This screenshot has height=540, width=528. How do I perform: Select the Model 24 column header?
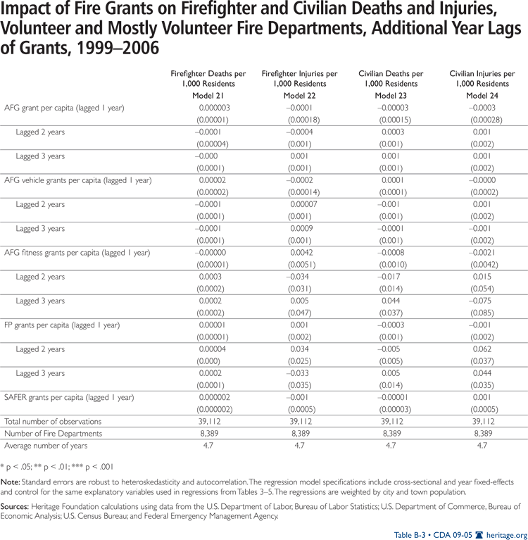pyautogui.click(x=482, y=96)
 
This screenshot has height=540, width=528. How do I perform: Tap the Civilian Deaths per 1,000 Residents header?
pyautogui.click(x=391, y=79)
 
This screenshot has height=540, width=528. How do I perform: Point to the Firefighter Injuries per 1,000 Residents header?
pyautogui.click(x=299, y=79)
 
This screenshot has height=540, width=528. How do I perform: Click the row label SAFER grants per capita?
pyautogui.click(x=69, y=397)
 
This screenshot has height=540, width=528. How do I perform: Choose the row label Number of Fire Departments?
pyautogui.click(x=54, y=434)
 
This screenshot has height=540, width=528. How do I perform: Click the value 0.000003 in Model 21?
pyautogui.click(x=214, y=108)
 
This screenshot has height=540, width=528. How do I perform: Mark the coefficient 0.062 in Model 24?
pyautogui.click(x=484, y=349)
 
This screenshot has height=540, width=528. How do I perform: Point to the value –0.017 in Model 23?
pyautogui.click(x=391, y=277)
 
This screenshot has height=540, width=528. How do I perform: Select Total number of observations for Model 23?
pyautogui.click(x=391, y=422)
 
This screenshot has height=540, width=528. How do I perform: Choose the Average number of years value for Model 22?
pyautogui.click(x=299, y=446)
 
